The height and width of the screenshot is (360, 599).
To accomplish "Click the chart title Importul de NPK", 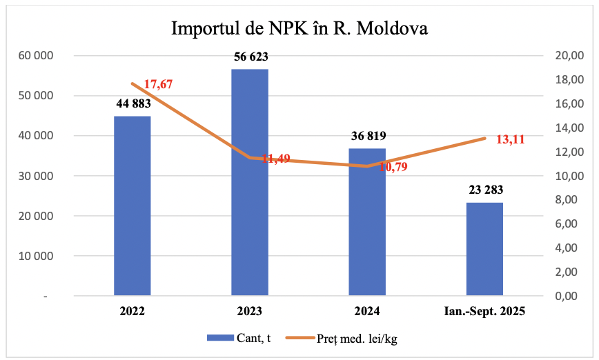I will pos(299,29).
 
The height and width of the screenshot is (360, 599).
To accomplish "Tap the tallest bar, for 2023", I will pos(249,182).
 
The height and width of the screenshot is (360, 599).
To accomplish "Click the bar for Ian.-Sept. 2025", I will pos(484,249).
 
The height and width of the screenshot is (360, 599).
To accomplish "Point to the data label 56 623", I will pos(249,57).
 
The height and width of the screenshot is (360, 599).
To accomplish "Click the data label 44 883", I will pos(132,103).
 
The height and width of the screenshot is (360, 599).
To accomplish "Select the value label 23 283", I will pos(484,190).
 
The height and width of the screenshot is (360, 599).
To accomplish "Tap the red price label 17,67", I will pos(158,85).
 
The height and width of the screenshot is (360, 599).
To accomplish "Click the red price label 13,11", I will pos(511,139).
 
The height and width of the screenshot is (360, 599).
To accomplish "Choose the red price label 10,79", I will pos(393,167).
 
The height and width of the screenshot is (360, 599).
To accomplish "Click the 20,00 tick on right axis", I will pos(569,56).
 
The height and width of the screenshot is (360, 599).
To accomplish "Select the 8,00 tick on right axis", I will pos(569,200).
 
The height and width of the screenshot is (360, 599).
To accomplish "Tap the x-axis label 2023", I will pos(249,312).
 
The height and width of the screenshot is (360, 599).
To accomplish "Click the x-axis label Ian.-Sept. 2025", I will pos(484,312).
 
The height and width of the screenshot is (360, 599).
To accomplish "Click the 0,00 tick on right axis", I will pos(569,296).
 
